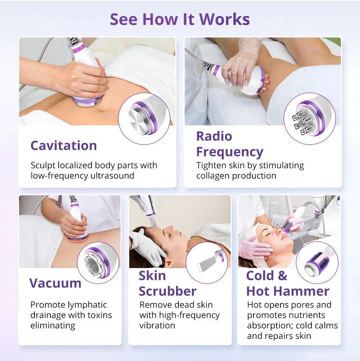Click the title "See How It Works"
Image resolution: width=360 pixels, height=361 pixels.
(x=180, y=19)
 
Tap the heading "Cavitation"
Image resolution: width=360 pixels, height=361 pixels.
(x=64, y=146)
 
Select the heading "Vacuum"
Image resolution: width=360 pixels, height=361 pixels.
(x=55, y=283)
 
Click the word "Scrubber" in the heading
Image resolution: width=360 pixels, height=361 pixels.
(x=167, y=291)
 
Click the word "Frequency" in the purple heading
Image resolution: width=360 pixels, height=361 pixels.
(x=230, y=152)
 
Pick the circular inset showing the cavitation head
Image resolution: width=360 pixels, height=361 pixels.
(x=143, y=114)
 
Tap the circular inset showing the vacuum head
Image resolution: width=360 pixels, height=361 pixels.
(x=98, y=257)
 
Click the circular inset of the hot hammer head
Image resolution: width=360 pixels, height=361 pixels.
(x=317, y=257)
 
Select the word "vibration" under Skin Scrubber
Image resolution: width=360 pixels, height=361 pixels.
(x=157, y=325)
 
